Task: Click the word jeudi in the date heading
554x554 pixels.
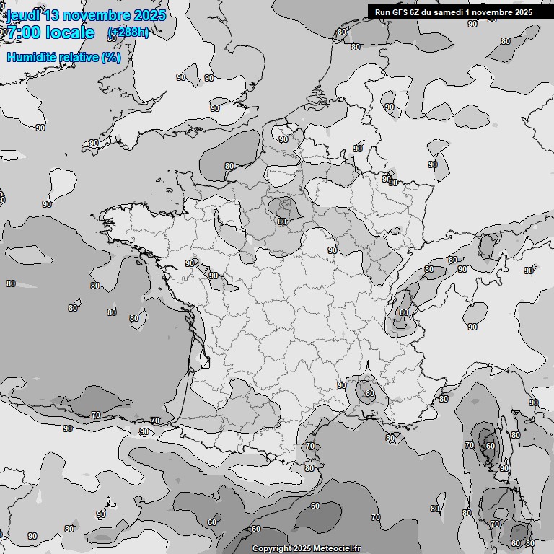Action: coord(19,15)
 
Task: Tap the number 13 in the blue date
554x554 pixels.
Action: coord(50,15)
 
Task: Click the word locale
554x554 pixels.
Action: coord(69,32)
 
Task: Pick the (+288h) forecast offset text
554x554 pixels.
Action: coord(128,32)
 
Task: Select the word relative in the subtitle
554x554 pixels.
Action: coord(77,57)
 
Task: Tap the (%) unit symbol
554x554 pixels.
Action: coord(111,57)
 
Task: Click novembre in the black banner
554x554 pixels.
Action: coord(494,12)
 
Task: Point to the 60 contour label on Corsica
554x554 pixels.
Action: coord(491,446)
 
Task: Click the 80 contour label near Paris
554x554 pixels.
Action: coord(282,221)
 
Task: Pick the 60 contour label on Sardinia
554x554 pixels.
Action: coord(516,543)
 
